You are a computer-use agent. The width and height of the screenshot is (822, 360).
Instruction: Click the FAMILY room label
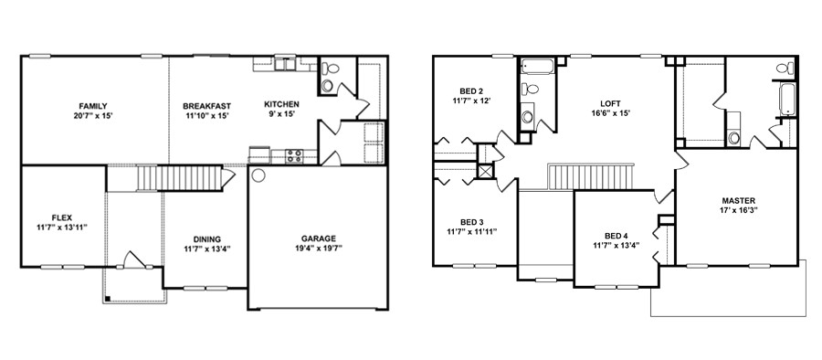tap(93, 105)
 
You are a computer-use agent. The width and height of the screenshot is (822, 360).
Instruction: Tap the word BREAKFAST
tap(205, 105)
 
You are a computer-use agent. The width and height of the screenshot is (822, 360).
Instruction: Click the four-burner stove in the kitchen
tap(294, 155)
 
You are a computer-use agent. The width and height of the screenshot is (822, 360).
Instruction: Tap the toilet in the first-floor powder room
tap(329, 72)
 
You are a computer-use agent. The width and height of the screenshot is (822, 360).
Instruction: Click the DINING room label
tap(206, 238)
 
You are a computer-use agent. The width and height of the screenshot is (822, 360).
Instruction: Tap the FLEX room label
tap(62, 217)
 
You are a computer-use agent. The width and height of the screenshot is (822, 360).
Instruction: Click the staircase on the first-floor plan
tap(180, 176)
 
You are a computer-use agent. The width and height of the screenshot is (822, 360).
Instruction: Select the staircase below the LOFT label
tap(589, 175)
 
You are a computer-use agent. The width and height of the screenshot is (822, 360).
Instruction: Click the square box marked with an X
tap(486, 171)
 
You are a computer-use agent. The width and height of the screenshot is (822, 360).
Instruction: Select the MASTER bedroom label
tap(738, 200)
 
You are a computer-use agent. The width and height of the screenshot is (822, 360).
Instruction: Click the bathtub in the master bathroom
tap(787, 98)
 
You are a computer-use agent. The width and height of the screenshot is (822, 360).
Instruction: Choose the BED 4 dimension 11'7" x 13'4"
tap(616, 245)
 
